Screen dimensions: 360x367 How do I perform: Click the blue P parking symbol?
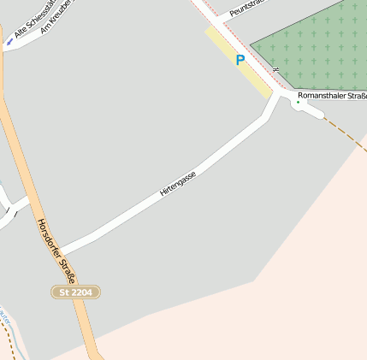click(240, 60)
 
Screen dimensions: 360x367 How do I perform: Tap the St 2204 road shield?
click(76, 292)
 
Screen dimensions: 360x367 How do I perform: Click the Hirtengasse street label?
click(178, 184)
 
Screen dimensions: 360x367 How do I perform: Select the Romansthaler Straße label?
click(331, 95)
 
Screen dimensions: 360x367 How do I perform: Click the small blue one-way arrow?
click(9, 41)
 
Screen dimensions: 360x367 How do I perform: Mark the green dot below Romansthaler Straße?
click(298, 103)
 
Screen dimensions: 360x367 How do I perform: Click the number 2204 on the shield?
click(81, 292)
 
